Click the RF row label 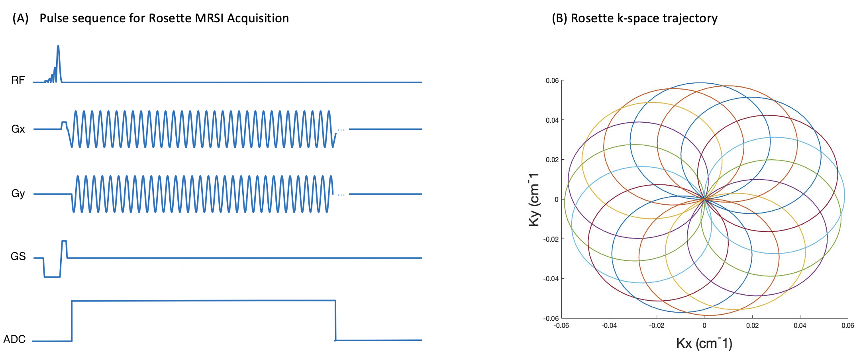(x=18, y=80)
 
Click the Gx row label (x=18, y=129)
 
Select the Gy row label (x=18, y=194)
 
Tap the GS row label (x=18, y=256)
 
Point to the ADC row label (x=14, y=339)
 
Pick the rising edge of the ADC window (x=72, y=321)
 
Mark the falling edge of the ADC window (x=335, y=321)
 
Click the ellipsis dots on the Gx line (x=341, y=130)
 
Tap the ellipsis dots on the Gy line (x=341, y=195)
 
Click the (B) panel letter (x=559, y=18)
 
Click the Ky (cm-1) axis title (x=533, y=200)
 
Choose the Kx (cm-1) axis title (x=704, y=343)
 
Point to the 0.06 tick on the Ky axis (x=552, y=80)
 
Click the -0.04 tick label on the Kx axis (x=609, y=326)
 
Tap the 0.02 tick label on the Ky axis (x=552, y=160)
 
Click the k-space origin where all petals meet (x=704, y=199)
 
